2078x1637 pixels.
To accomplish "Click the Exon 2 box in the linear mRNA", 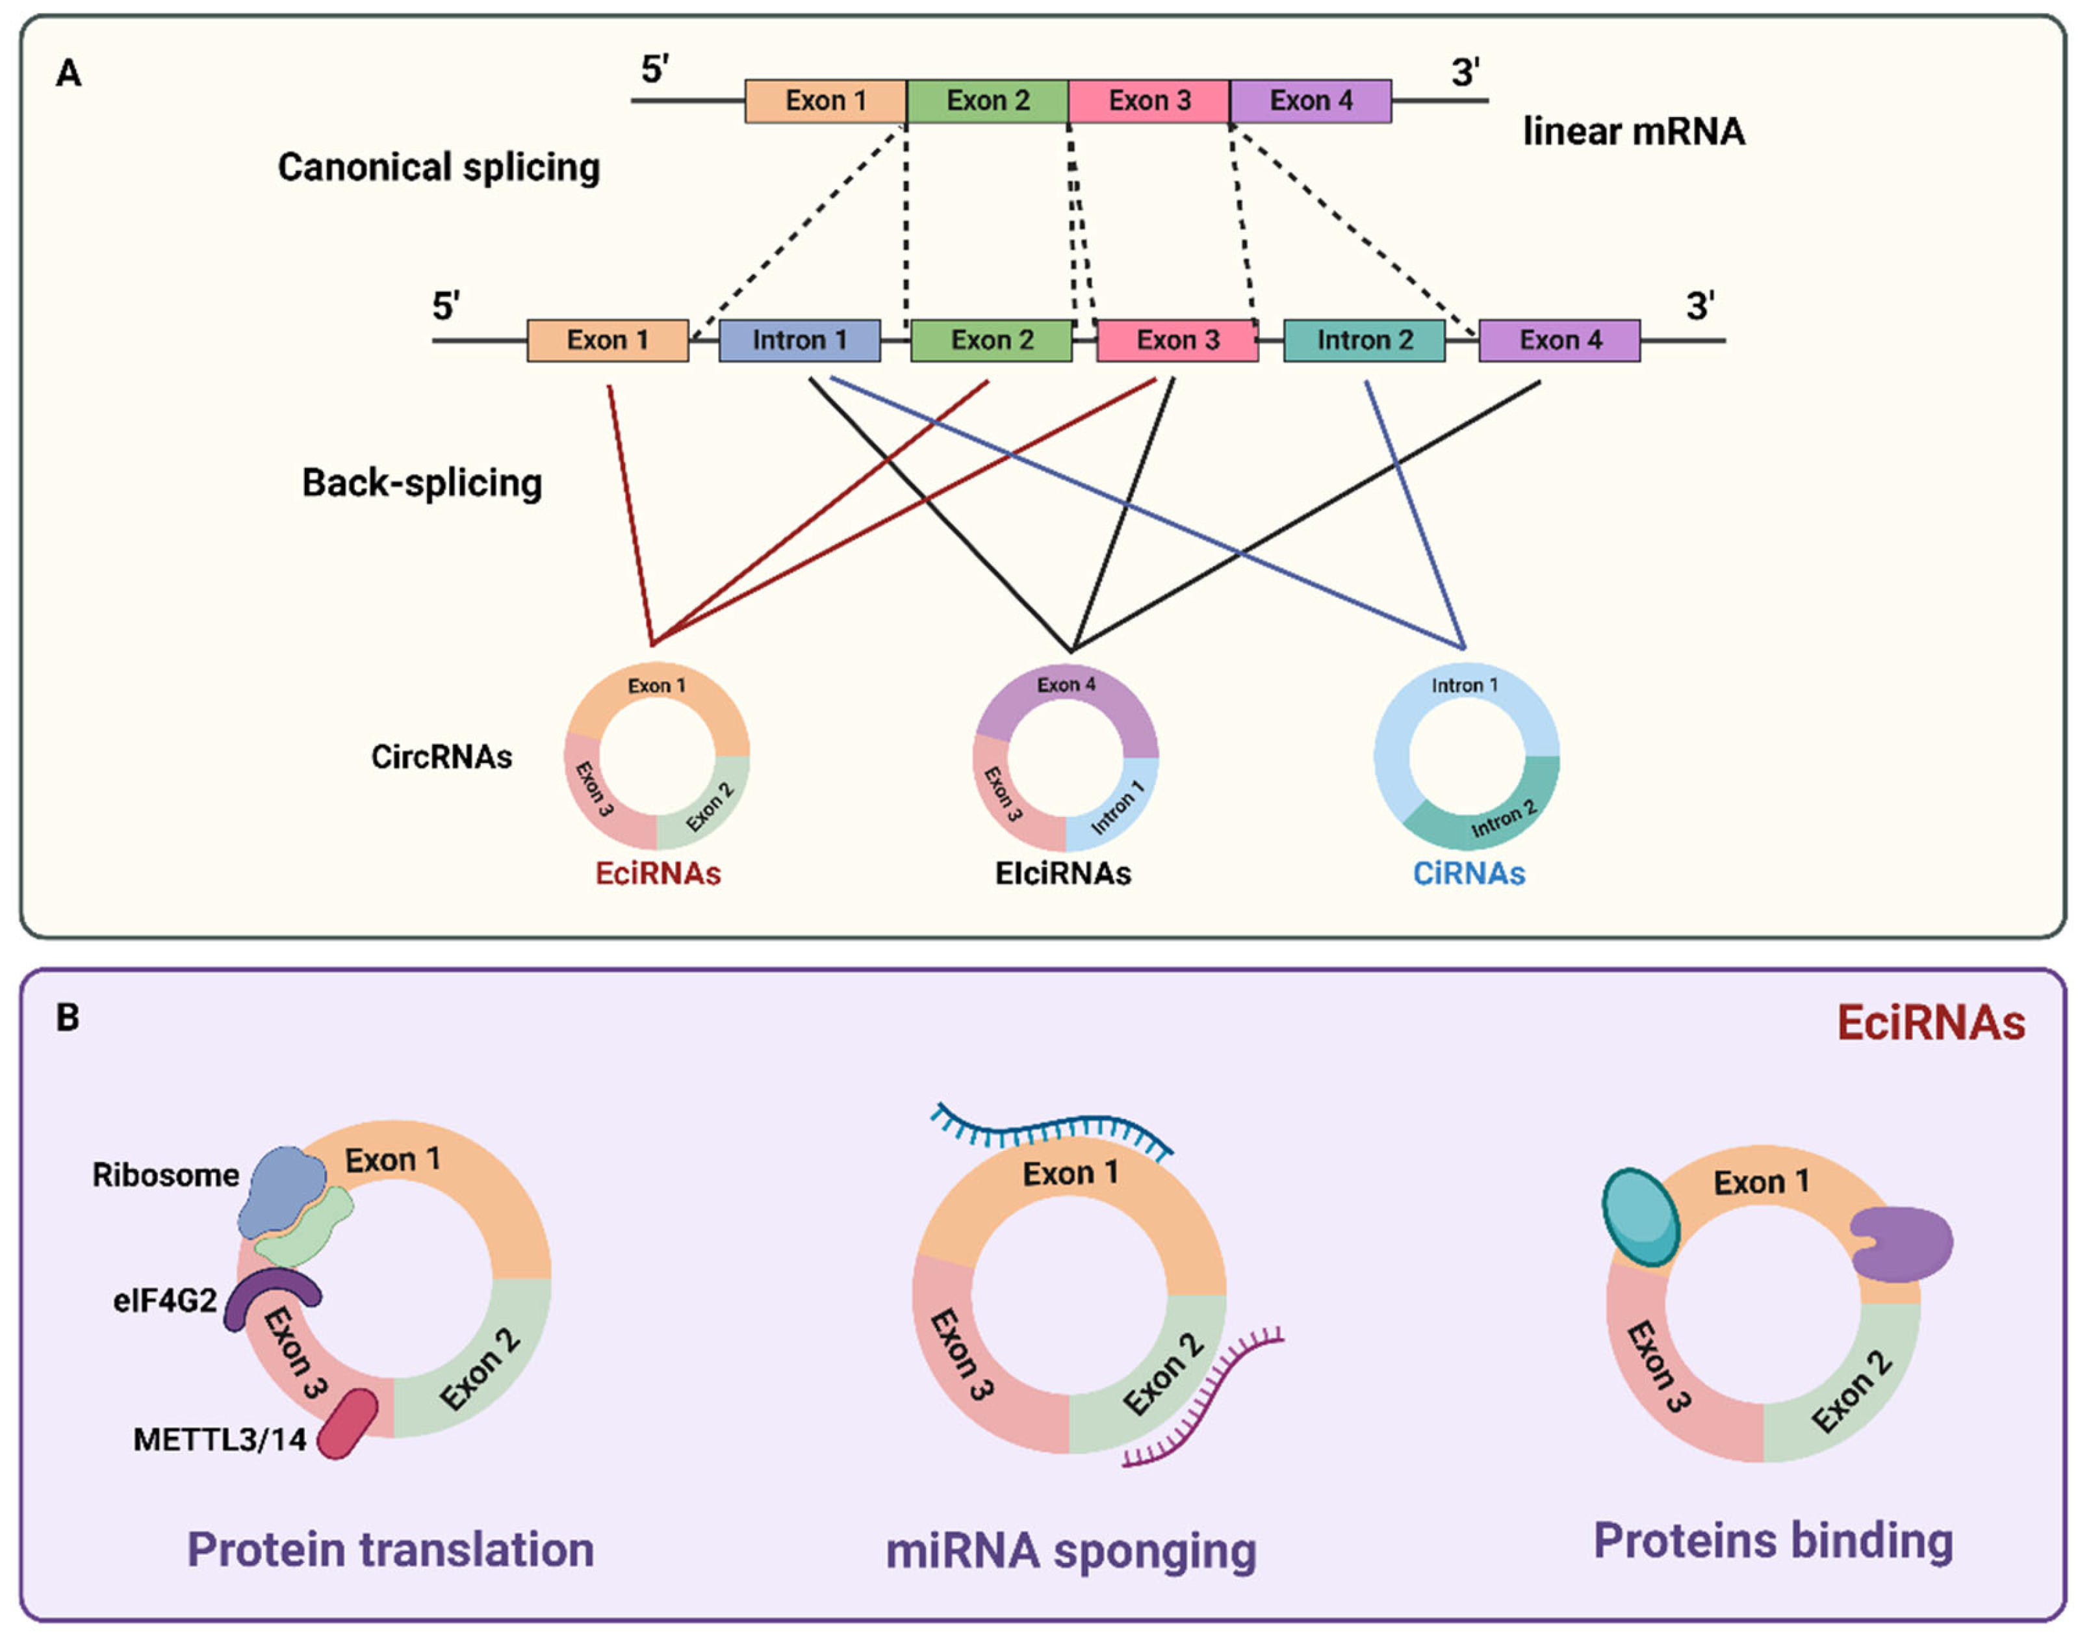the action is tap(987, 101).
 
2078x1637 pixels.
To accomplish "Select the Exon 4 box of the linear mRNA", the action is tap(1310, 101).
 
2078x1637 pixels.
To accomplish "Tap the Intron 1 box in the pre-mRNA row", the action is tap(799, 341).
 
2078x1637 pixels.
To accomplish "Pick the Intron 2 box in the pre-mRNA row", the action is tap(1365, 341).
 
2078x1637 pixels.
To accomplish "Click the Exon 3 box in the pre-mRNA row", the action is tap(1177, 341).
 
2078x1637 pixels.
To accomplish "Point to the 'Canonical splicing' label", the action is tap(439, 168).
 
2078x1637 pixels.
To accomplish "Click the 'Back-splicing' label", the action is tap(422, 483).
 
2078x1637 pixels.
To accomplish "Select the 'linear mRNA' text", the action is tap(1634, 131).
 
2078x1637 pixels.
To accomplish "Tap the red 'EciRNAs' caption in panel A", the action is tap(658, 873).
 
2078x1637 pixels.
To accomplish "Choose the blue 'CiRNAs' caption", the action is tap(1469, 873).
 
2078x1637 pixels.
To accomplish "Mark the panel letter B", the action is tap(68, 1018).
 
